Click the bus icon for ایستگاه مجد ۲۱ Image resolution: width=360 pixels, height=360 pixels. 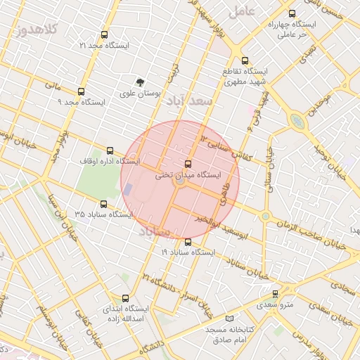point(105,34)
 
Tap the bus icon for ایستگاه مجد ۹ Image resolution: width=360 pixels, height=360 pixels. point(81,91)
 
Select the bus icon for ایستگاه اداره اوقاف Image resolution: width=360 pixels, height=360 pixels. point(109,150)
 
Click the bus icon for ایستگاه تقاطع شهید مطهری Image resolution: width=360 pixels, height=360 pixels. point(245,60)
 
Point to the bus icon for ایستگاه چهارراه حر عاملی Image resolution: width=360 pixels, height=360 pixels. point(292,13)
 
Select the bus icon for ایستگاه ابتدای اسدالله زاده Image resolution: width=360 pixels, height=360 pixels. point(125,298)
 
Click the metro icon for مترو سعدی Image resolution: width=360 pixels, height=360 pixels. point(275,294)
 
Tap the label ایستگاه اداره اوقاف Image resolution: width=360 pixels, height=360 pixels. point(109,162)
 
